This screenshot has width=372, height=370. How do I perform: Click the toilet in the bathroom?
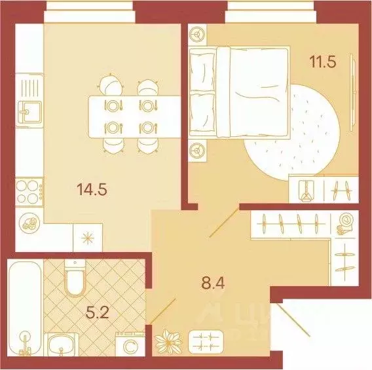[x=75, y=280]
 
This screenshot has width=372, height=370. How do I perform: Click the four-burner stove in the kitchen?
[x=30, y=191]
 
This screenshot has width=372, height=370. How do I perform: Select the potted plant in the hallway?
[x=166, y=342]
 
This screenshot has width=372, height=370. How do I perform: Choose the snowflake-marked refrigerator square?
[x=86, y=237]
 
